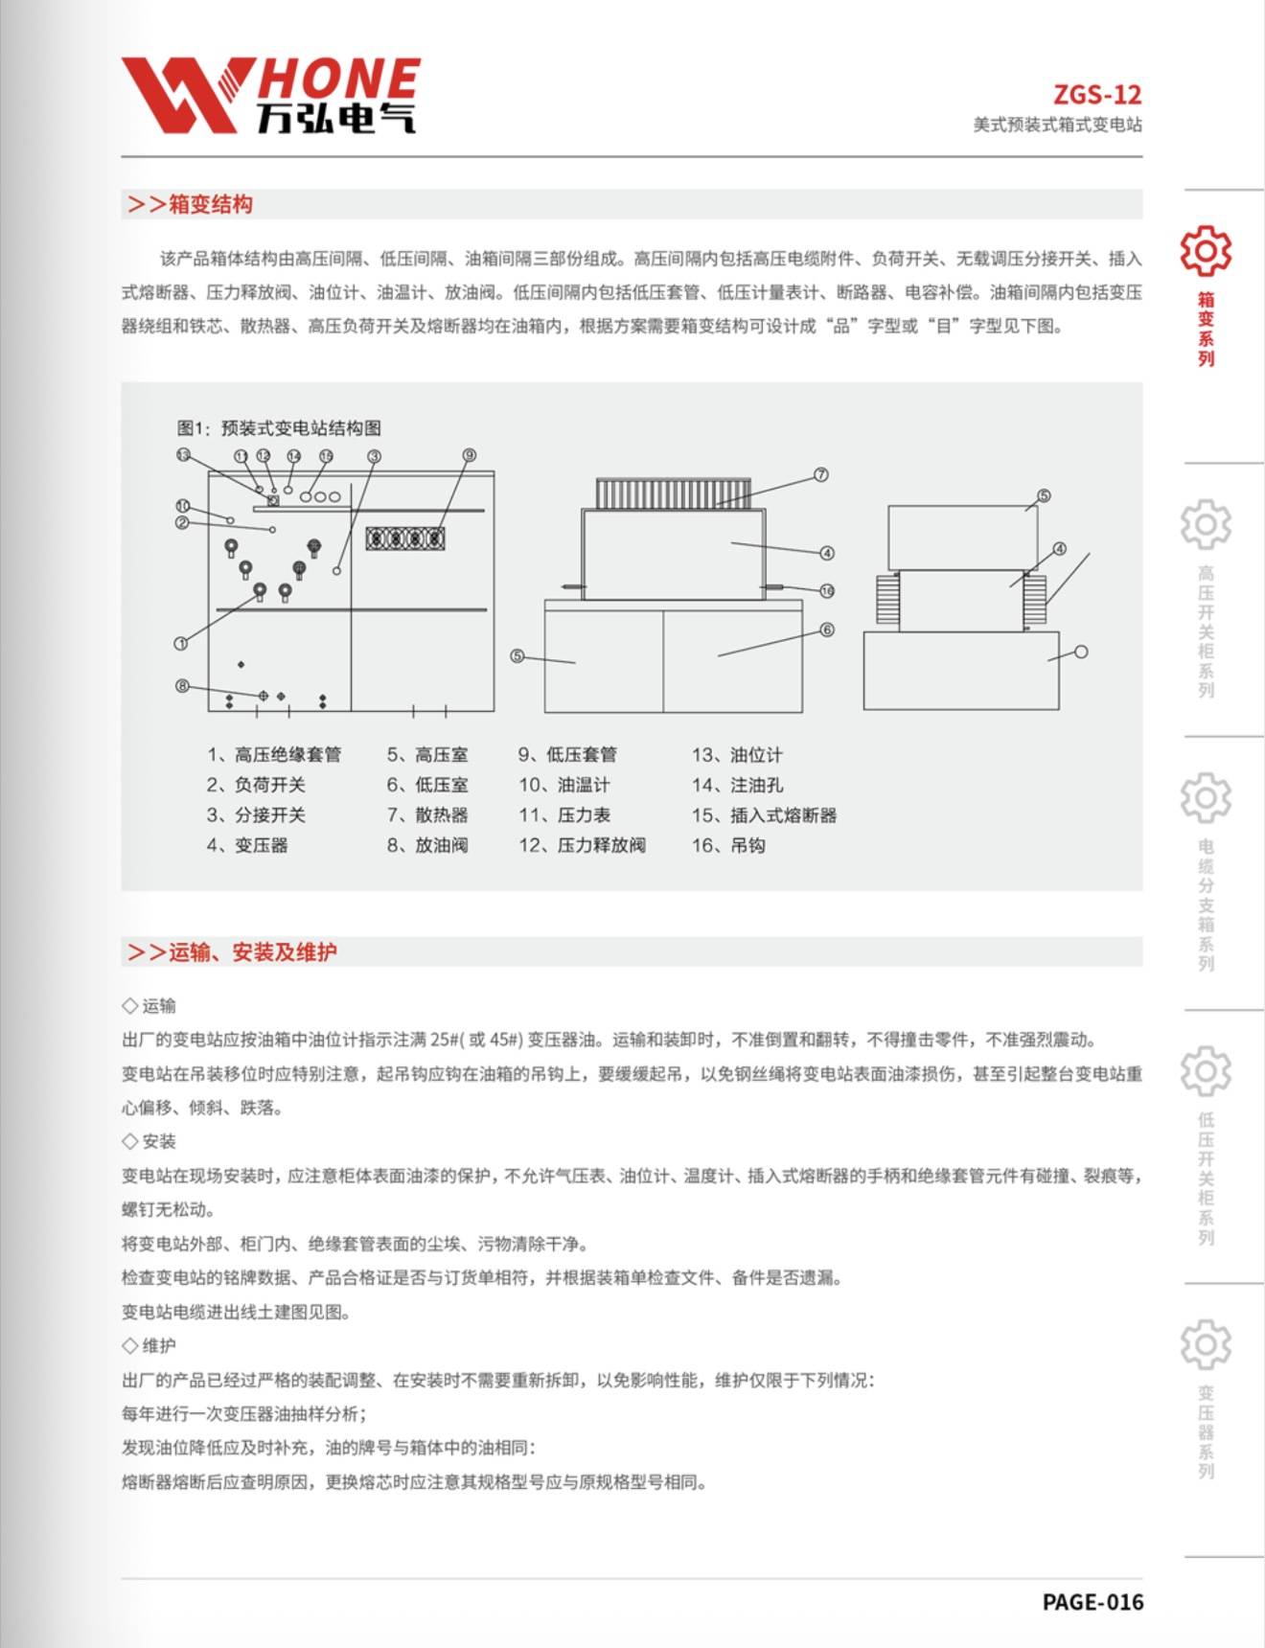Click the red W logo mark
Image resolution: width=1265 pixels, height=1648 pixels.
click(x=182, y=94)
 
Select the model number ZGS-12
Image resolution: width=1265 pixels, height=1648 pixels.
click(x=1097, y=95)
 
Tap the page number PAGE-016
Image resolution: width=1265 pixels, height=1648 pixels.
click(x=1092, y=1602)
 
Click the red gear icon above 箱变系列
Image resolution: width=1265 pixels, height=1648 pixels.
click(x=1206, y=251)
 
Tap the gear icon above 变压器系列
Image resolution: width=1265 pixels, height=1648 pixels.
click(x=1206, y=1344)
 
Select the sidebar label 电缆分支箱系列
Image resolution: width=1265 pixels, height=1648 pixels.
click(x=1206, y=905)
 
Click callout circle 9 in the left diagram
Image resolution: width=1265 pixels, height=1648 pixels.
click(x=470, y=455)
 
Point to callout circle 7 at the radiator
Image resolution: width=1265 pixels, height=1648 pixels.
click(x=821, y=475)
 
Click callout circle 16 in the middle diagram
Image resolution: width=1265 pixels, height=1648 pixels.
click(x=827, y=591)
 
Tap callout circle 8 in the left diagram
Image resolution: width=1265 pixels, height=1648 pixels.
click(x=182, y=686)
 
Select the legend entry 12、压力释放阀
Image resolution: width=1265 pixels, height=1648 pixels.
click(x=583, y=845)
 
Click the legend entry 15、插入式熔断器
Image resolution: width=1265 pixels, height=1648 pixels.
click(x=764, y=815)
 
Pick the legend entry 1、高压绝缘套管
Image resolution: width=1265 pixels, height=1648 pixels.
click(x=274, y=755)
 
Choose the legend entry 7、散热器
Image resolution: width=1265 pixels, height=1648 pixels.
click(x=427, y=815)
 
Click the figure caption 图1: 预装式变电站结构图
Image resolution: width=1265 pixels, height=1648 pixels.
click(x=279, y=428)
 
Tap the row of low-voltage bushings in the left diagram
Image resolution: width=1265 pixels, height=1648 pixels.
click(x=405, y=538)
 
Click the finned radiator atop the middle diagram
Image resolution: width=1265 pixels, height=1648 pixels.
click(x=673, y=493)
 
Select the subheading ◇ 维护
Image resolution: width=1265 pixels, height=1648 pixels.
click(x=149, y=1346)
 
